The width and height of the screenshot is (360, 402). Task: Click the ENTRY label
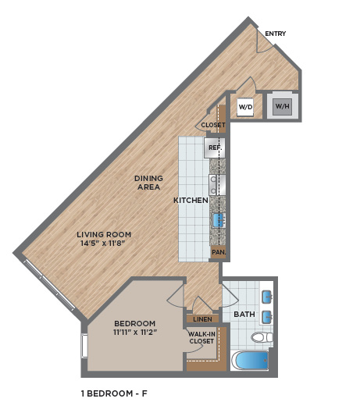276,34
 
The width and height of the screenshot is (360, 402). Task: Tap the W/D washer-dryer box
245,107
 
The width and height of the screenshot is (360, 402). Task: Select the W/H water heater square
282,106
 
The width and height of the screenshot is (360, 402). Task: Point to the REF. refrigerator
215,148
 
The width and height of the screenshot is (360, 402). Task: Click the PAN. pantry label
219,252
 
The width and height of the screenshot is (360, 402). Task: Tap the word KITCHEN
191,201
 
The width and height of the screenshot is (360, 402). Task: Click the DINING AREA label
148,183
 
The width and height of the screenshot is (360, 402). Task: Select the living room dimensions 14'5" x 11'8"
103,244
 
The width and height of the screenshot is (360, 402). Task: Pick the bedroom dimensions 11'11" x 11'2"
135,333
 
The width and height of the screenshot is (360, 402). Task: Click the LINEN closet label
202,319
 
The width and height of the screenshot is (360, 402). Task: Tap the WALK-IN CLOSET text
201,337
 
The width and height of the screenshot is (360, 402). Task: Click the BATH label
244,315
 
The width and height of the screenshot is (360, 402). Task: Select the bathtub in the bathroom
250,361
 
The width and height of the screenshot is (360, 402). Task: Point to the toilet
262,337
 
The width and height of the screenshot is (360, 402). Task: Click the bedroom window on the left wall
84,346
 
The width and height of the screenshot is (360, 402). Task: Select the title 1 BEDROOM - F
114,393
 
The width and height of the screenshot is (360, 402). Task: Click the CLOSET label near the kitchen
213,125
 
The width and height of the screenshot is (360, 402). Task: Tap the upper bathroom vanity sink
267,297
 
